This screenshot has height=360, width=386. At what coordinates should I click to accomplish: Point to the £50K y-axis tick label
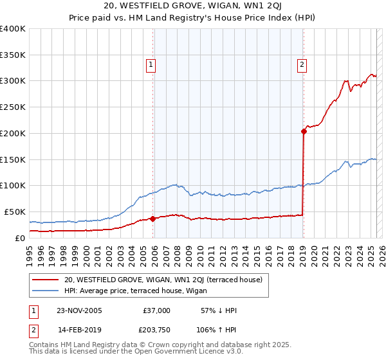click(x=14, y=212)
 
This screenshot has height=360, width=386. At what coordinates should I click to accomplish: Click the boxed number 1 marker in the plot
click(x=151, y=64)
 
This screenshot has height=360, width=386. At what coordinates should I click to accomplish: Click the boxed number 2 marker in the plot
click(x=302, y=64)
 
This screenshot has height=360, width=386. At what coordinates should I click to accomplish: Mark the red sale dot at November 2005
click(x=153, y=219)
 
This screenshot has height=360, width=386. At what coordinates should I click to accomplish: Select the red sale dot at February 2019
click(x=304, y=131)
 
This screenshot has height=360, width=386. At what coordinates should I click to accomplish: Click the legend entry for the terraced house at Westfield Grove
click(x=163, y=280)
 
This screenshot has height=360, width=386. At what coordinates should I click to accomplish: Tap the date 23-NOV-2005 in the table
click(x=79, y=310)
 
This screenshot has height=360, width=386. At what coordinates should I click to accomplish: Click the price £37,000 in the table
click(x=156, y=310)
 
